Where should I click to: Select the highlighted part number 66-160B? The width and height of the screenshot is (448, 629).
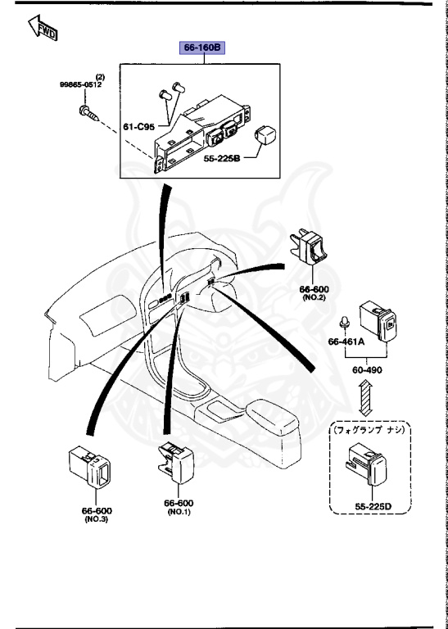(201, 49)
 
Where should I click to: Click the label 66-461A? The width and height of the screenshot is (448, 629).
(345, 341)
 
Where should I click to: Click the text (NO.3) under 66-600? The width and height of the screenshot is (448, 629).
(96, 518)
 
